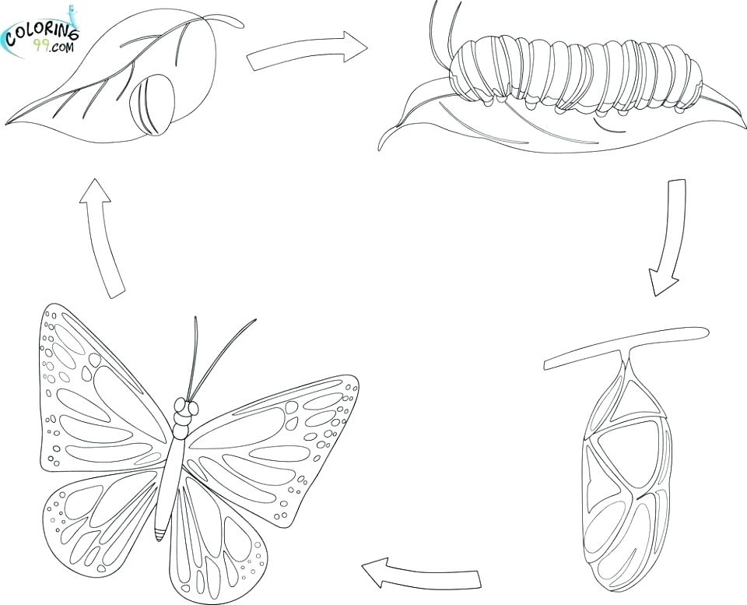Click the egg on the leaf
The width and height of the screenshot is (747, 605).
152,106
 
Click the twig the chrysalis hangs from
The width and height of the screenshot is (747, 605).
626,346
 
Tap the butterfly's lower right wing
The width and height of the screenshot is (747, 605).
214,537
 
